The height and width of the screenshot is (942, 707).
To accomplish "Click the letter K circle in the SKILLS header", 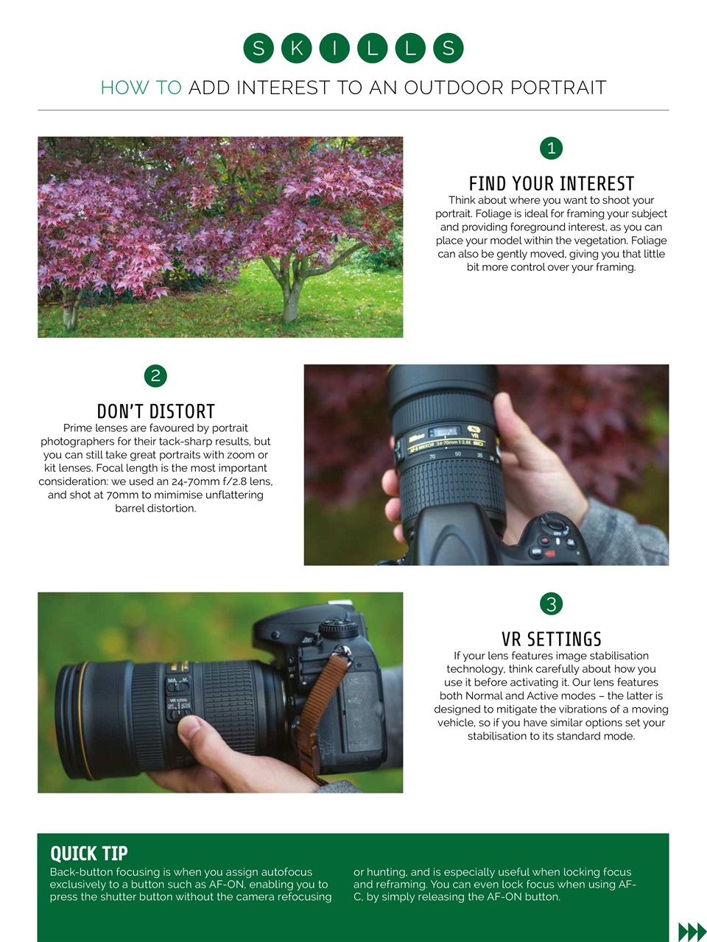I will click(296, 49).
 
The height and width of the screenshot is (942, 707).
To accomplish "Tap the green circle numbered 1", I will click(551, 148).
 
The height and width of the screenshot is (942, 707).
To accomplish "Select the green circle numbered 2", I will click(155, 376).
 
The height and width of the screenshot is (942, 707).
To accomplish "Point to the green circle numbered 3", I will click(551, 604).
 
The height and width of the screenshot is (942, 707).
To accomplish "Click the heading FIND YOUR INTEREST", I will click(551, 183).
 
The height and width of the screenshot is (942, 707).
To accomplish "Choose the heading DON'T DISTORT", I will click(155, 411).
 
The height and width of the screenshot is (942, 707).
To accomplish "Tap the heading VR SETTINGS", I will click(551, 639).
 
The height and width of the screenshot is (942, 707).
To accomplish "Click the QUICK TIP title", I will click(89, 853).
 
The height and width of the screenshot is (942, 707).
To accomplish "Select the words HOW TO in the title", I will click(141, 88).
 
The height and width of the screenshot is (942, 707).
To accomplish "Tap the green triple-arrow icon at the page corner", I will click(691, 931).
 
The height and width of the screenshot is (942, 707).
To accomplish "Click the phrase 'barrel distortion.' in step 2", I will click(155, 509).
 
